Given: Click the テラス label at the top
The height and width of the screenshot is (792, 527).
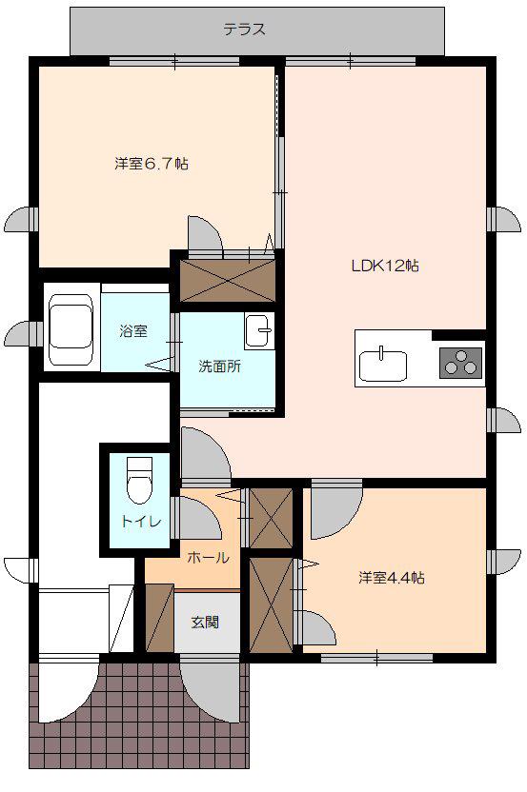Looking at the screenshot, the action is coord(244,30).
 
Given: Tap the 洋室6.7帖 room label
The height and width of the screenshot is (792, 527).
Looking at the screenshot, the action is coord(152,164).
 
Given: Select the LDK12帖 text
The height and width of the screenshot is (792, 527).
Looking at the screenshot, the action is coord(385,266).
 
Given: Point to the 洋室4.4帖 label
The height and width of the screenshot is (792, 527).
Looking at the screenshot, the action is coord(392,577).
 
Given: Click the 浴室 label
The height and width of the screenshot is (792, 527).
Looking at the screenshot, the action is coord(133,331).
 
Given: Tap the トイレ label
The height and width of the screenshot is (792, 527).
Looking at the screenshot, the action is coord(141,521).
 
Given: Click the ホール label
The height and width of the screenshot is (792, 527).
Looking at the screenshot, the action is coord(209,557).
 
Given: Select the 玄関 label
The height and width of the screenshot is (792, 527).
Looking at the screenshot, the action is coord(205,622).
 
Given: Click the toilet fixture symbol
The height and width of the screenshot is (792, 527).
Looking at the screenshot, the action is coord(139,480).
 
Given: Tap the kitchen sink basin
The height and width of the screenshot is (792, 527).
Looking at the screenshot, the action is coord(383,366).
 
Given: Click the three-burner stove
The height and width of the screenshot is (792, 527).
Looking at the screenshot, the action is coord(460,362).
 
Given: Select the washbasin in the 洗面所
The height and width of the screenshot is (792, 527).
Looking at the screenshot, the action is coord(258,330).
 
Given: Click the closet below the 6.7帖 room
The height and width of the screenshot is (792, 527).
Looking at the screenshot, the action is coord(228,280).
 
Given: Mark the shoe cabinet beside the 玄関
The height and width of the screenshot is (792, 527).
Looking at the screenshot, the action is coord(160,617).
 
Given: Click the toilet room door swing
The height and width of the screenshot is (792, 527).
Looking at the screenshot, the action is coord(197,518).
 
